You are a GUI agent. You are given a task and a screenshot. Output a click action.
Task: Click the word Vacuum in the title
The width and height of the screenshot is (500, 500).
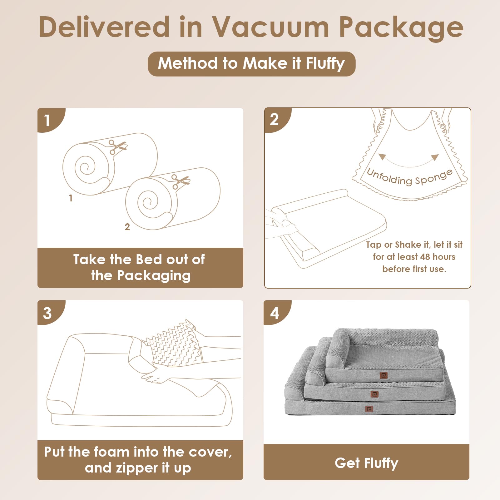coord(270,27)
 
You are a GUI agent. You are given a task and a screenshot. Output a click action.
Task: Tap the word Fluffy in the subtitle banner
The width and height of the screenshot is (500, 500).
coord(325,63)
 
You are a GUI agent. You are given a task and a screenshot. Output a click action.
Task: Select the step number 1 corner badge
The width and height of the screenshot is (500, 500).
coord(47,120)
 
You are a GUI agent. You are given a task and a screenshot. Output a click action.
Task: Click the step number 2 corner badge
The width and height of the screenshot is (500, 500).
coord(274,119)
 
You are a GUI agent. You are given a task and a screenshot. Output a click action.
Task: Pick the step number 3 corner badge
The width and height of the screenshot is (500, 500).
coord(47,313)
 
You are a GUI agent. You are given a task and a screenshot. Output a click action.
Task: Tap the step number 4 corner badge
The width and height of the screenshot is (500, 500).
coord(275,313)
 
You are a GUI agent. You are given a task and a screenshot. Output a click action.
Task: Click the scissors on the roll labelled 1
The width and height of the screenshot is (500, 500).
coord(117,146)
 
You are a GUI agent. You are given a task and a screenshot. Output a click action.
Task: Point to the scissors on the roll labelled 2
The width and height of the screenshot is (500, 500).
coord(180,181)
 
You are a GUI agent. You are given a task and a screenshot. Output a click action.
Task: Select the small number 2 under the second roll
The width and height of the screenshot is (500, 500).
coord(127,227)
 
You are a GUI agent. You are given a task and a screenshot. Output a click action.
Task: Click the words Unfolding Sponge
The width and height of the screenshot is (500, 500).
coord(409,178)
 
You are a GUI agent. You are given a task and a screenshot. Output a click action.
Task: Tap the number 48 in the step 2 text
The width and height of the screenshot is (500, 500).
coord(425,257)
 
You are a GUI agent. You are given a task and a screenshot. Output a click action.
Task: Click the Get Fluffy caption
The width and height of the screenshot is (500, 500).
coord(366,463)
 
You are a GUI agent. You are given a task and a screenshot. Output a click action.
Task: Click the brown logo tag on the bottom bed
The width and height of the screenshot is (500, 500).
coord(369,409)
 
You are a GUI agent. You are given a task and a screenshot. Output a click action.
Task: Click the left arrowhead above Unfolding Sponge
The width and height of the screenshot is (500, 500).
coord(382,156)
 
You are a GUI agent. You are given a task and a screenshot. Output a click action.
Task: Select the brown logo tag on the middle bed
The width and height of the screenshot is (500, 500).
coord(374,394)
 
